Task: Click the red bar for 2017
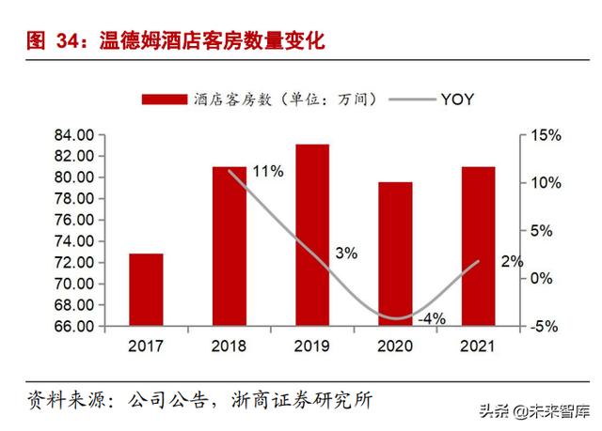[146, 290]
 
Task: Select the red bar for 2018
[229, 247]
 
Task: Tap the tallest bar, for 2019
[311, 236]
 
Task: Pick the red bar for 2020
[395, 254]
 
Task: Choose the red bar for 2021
[478, 247]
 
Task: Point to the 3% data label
[345, 253]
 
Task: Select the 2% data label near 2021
[512, 262]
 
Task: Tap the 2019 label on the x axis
[311, 346]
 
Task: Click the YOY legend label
[457, 99]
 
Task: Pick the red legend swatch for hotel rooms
[165, 99]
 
